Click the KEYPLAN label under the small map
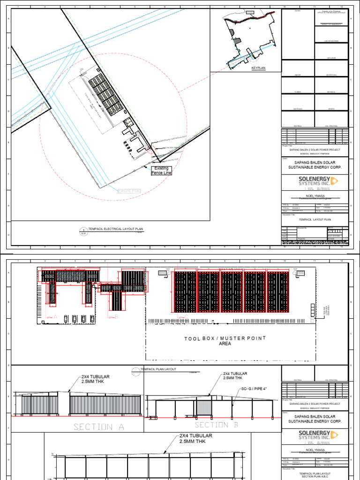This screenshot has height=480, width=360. (x=258, y=68)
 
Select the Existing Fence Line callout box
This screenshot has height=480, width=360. (x=161, y=171)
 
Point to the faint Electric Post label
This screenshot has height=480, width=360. (x=129, y=191)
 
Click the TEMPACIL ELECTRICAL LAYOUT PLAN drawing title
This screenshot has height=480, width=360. (x=112, y=229)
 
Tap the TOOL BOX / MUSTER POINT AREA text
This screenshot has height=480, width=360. (x=225, y=341)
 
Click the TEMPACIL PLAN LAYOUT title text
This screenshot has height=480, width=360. (x=159, y=369)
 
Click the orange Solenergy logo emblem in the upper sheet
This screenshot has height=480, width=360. (x=335, y=181)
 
